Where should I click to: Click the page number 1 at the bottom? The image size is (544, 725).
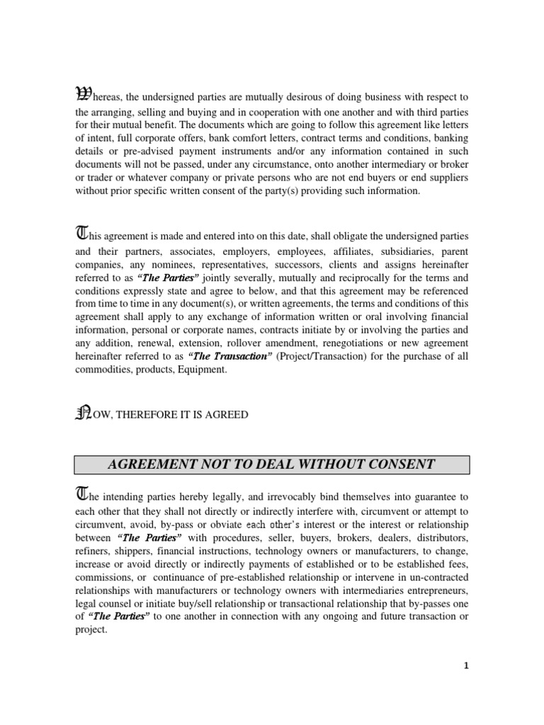[x=465, y=666]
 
